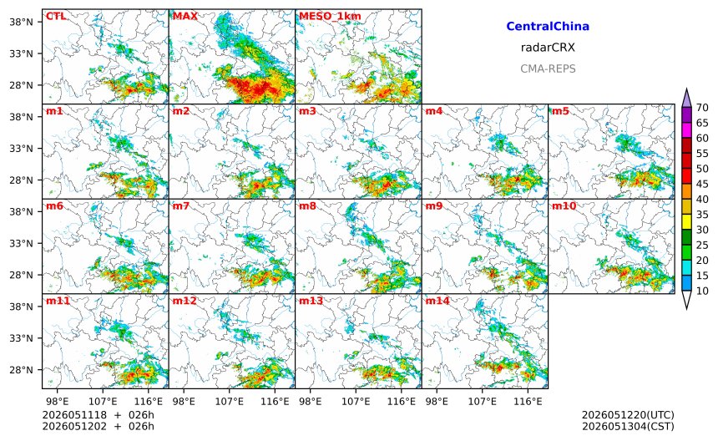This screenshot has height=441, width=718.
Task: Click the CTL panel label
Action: click(55, 17)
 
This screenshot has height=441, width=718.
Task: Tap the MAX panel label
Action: click(185, 17)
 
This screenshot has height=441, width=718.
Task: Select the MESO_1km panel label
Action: click(330, 17)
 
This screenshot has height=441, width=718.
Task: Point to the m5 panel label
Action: click(560, 111)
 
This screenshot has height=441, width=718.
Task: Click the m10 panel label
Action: click(564, 206)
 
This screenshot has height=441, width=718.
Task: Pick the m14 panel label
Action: click(437, 301)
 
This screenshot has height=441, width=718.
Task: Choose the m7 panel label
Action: click(181, 206)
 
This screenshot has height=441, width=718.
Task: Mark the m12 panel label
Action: click(184, 301)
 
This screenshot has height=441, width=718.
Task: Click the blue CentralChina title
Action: click(548, 27)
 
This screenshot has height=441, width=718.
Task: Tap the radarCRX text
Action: click(548, 48)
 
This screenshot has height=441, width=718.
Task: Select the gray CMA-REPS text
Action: click(548, 68)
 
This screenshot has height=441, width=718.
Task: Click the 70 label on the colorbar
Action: click(702, 108)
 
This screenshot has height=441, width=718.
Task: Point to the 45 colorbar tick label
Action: click(702, 184)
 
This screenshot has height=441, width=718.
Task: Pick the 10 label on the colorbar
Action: click(702, 291)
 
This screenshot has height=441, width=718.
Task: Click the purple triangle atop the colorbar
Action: click(686, 98)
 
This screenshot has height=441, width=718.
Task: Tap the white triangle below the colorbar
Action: click(686, 300)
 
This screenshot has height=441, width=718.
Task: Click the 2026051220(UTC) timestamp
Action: click(628, 415)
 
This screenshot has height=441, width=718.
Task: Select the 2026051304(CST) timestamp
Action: click(628, 426)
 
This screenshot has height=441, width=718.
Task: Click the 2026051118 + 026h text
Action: click(98, 415)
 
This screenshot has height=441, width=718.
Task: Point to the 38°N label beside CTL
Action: click(21, 22)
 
